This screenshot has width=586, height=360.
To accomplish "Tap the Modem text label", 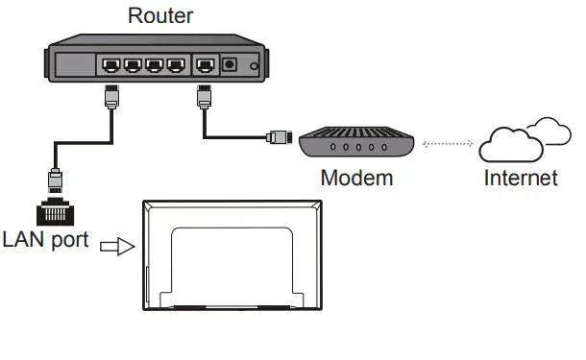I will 356,179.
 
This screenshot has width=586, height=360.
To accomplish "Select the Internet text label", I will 520,179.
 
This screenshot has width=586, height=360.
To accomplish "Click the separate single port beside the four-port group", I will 205,66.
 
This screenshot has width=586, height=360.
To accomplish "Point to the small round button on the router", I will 254,67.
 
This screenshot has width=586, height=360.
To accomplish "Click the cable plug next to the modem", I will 279,137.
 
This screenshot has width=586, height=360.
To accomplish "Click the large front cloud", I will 509,146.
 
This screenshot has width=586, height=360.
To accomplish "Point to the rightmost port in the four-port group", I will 174,66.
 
